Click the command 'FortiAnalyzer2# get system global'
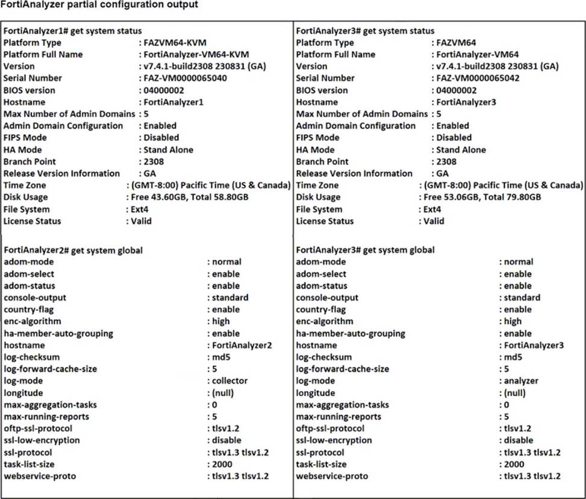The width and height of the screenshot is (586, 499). coord(73,250)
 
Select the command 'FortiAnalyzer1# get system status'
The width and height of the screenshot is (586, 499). coord(73,31)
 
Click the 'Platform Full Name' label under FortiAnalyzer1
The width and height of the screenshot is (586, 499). coord(43,55)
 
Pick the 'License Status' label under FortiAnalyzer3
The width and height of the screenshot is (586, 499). coord(329,221)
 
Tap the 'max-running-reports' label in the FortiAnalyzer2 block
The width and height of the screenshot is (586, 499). coord(46,417)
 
